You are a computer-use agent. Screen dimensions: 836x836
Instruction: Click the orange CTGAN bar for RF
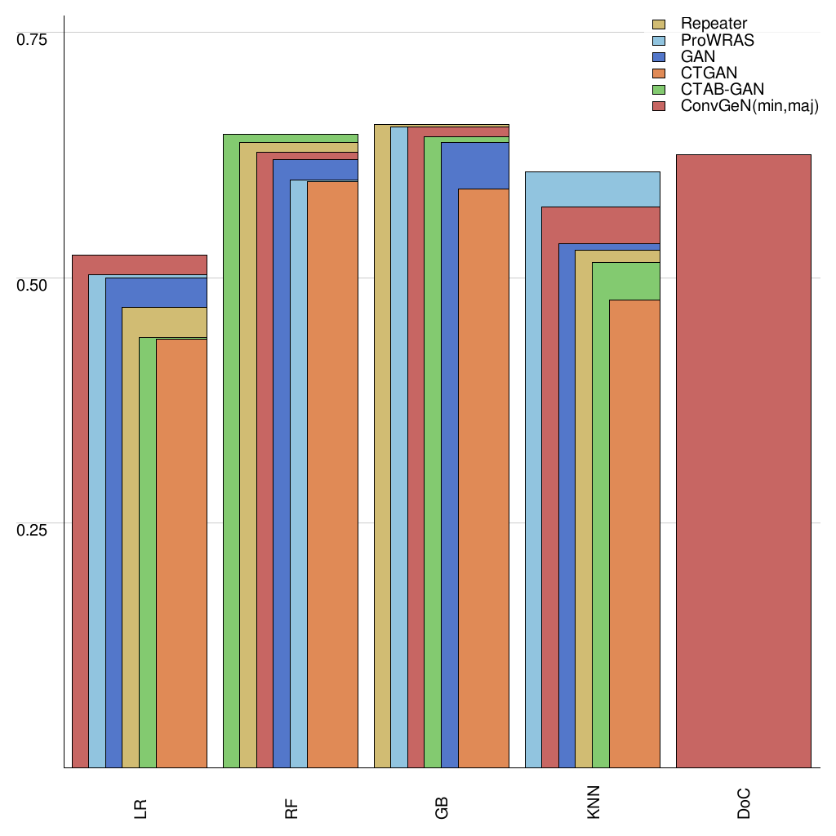tap(332, 474)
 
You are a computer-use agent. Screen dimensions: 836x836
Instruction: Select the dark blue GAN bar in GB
tap(449, 457)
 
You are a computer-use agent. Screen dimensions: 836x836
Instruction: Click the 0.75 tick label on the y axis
tap(33, 39)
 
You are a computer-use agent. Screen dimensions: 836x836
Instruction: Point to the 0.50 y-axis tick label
tap(33, 285)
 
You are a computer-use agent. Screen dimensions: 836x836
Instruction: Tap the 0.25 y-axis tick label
tap(33, 530)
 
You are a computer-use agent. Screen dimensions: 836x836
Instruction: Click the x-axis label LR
tap(140, 808)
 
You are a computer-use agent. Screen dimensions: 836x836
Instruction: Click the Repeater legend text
tap(714, 24)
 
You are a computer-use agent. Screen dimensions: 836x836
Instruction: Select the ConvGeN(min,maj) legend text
tap(749, 107)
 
